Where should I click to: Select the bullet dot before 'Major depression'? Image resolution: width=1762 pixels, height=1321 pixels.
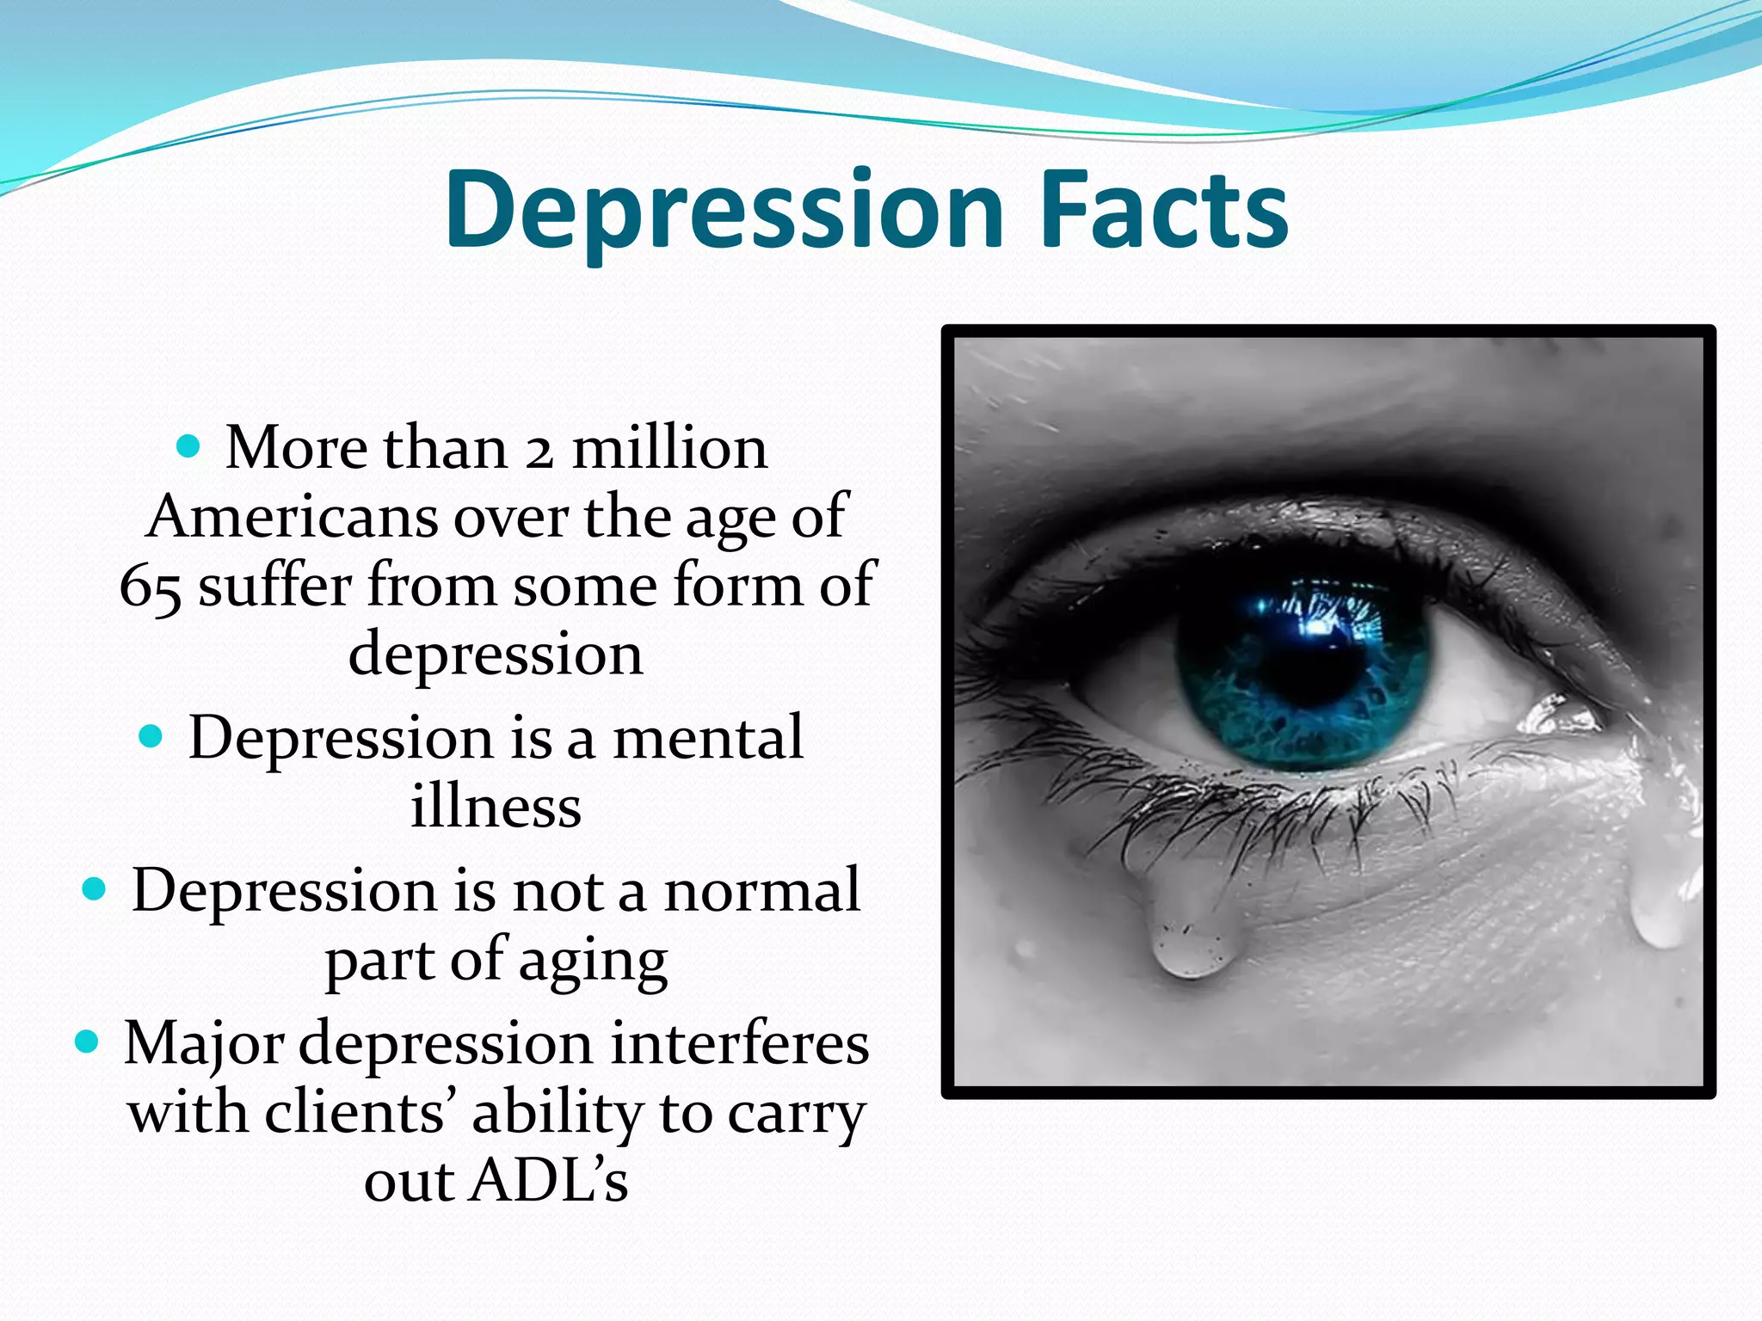(x=87, y=1042)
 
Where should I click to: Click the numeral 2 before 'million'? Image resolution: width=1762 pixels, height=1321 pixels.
(x=539, y=450)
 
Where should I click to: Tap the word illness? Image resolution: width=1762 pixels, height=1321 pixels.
(x=496, y=807)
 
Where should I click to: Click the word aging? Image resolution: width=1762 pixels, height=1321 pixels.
(x=593, y=962)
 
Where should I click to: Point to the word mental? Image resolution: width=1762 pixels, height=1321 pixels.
(x=707, y=738)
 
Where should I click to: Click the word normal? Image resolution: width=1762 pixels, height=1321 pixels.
(x=761, y=890)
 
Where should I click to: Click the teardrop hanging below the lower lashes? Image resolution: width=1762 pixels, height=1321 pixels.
(x=1192, y=942)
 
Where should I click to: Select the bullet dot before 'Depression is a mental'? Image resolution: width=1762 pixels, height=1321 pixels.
(x=151, y=736)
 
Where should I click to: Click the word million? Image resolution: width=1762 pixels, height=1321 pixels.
(x=669, y=448)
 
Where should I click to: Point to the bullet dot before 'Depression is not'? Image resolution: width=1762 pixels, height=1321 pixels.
(x=94, y=888)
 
